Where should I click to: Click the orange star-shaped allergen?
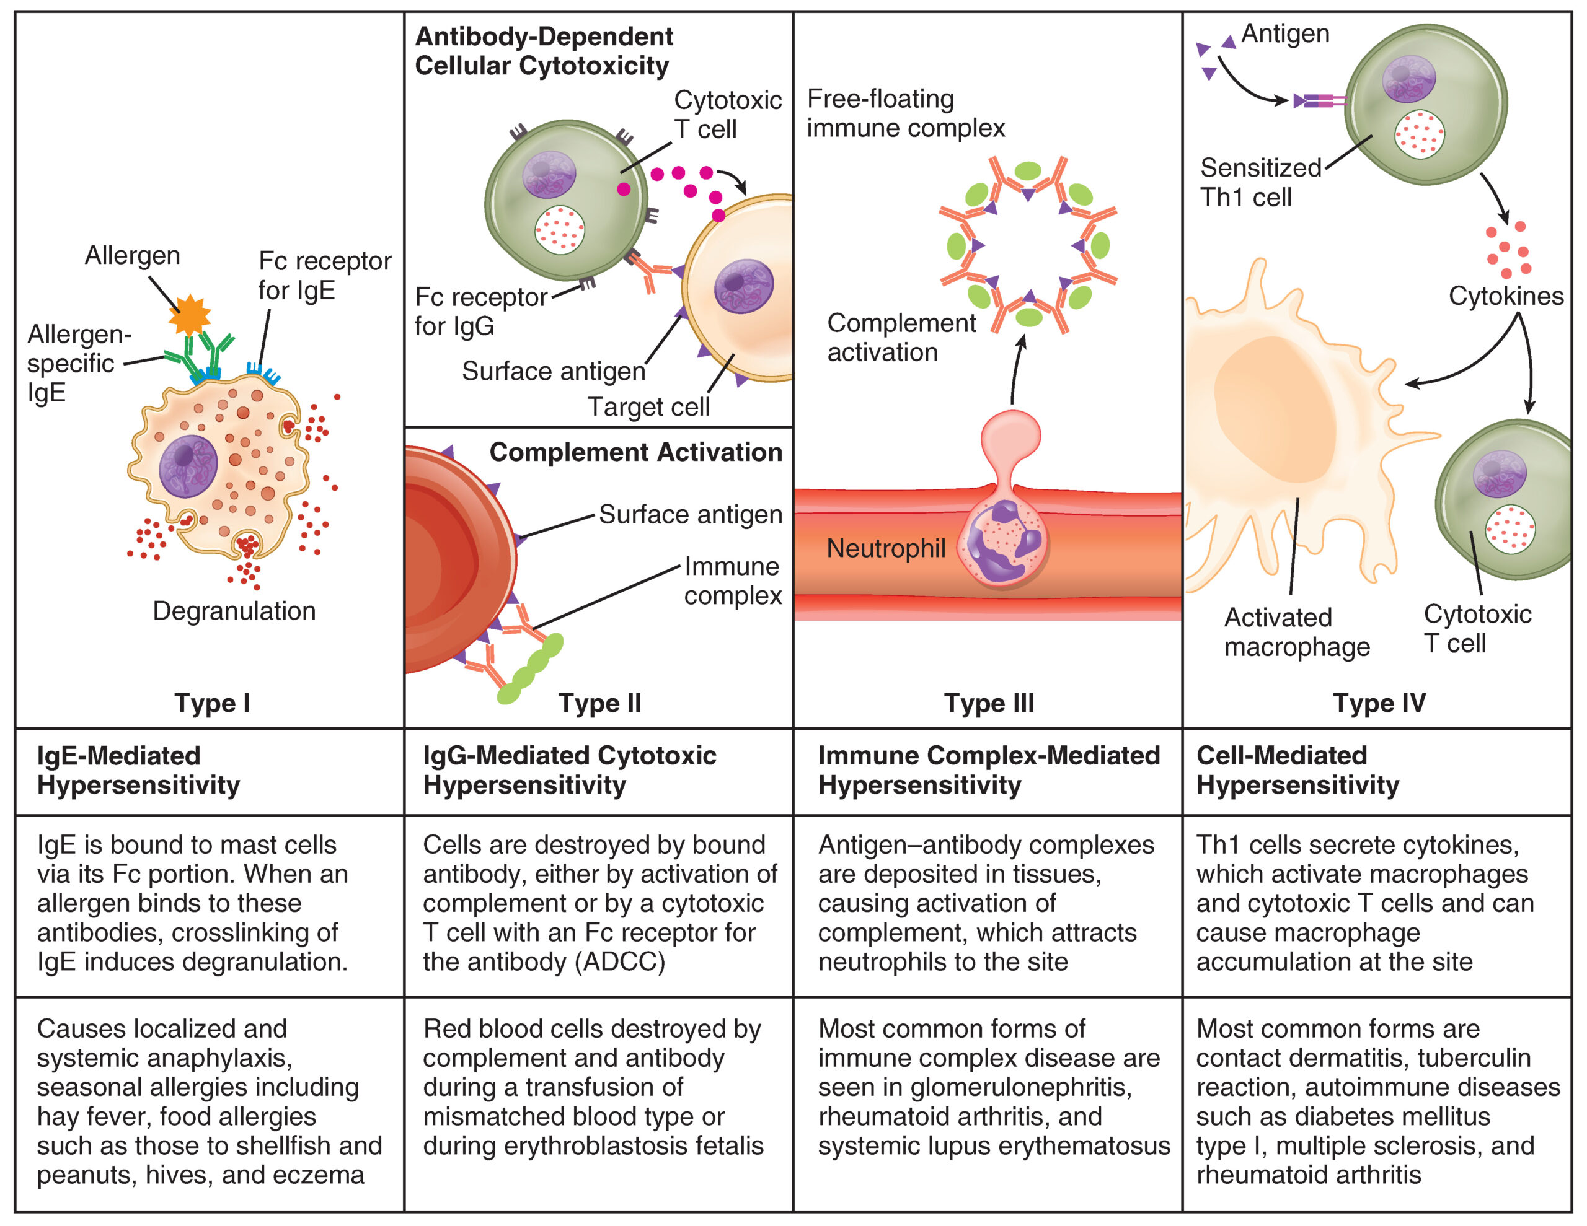(189, 315)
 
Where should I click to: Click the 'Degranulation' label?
(234, 611)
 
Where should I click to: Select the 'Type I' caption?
(211, 703)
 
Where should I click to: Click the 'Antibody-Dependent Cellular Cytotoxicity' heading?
(543, 51)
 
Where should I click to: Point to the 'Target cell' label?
(648, 407)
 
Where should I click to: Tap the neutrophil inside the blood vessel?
(1003, 541)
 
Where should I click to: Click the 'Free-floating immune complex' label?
(906, 113)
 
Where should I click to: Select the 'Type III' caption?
(988, 703)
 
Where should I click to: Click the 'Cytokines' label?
(1506, 296)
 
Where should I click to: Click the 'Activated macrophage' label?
(1296, 632)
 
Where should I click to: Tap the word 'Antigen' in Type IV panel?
(1284, 33)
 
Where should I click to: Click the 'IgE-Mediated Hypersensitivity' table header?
(138, 770)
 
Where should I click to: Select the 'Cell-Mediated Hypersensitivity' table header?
(1297, 770)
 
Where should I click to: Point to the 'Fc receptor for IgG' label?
(480, 311)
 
